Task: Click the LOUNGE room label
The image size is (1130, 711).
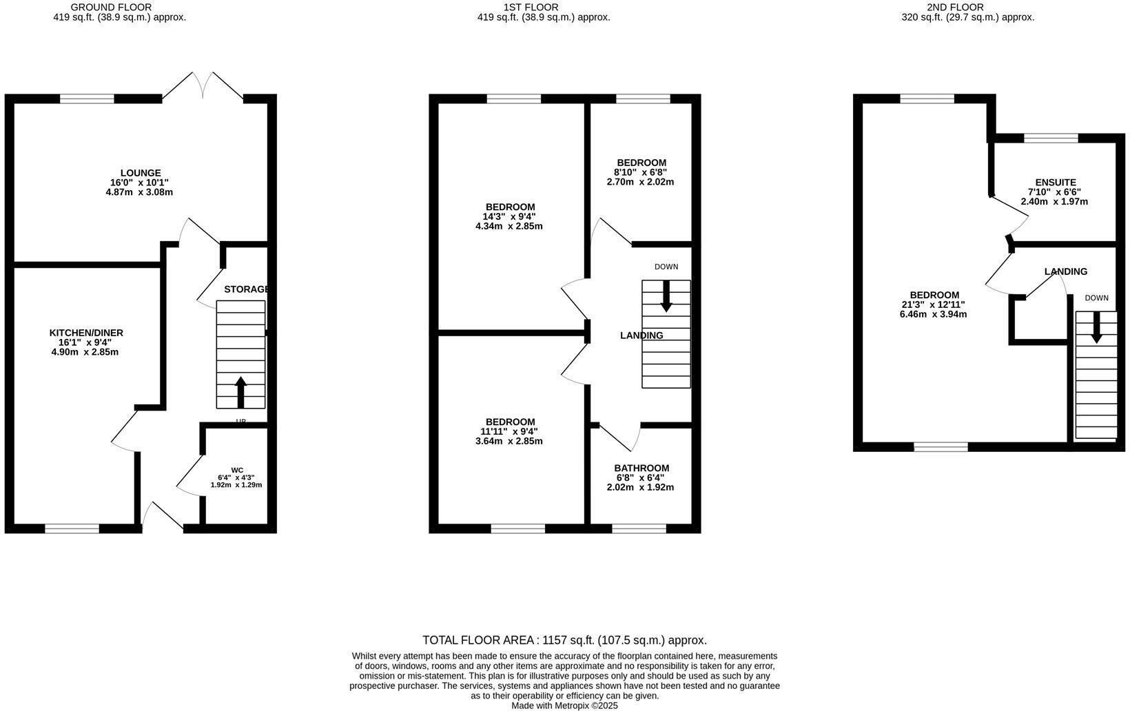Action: click(x=141, y=173)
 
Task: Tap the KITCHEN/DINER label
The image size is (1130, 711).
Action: click(x=86, y=333)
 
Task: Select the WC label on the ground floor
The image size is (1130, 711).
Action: click(x=237, y=470)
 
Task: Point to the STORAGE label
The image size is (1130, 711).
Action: click(x=246, y=289)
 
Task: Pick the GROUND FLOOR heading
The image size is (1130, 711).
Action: click(x=111, y=8)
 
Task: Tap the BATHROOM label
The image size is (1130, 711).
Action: click(x=641, y=468)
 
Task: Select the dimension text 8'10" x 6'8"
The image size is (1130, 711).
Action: click(x=641, y=172)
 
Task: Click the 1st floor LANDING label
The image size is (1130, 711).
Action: click(x=641, y=336)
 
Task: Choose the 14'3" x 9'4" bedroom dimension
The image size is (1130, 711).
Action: click(x=510, y=216)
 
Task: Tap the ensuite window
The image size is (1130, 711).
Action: click(x=1051, y=138)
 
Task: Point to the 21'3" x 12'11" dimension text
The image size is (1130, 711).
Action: click(x=933, y=305)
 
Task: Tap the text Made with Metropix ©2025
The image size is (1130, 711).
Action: click(x=564, y=705)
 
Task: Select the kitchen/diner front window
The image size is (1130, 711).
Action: click(x=72, y=528)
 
